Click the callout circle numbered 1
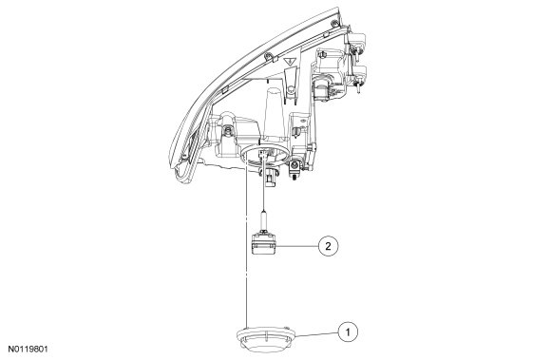[348, 332]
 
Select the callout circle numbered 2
[328, 246]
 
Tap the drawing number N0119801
[28, 350]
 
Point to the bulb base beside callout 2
[263, 242]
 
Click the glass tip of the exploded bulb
[263, 220]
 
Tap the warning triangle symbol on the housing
[290, 62]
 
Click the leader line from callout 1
[317, 334]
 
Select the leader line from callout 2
[297, 246]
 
